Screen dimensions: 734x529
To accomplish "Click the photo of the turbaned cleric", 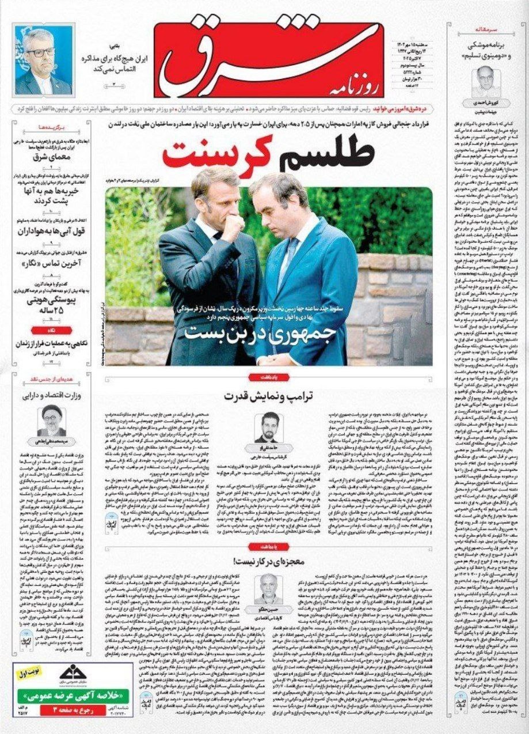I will click(x=51, y=420).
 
